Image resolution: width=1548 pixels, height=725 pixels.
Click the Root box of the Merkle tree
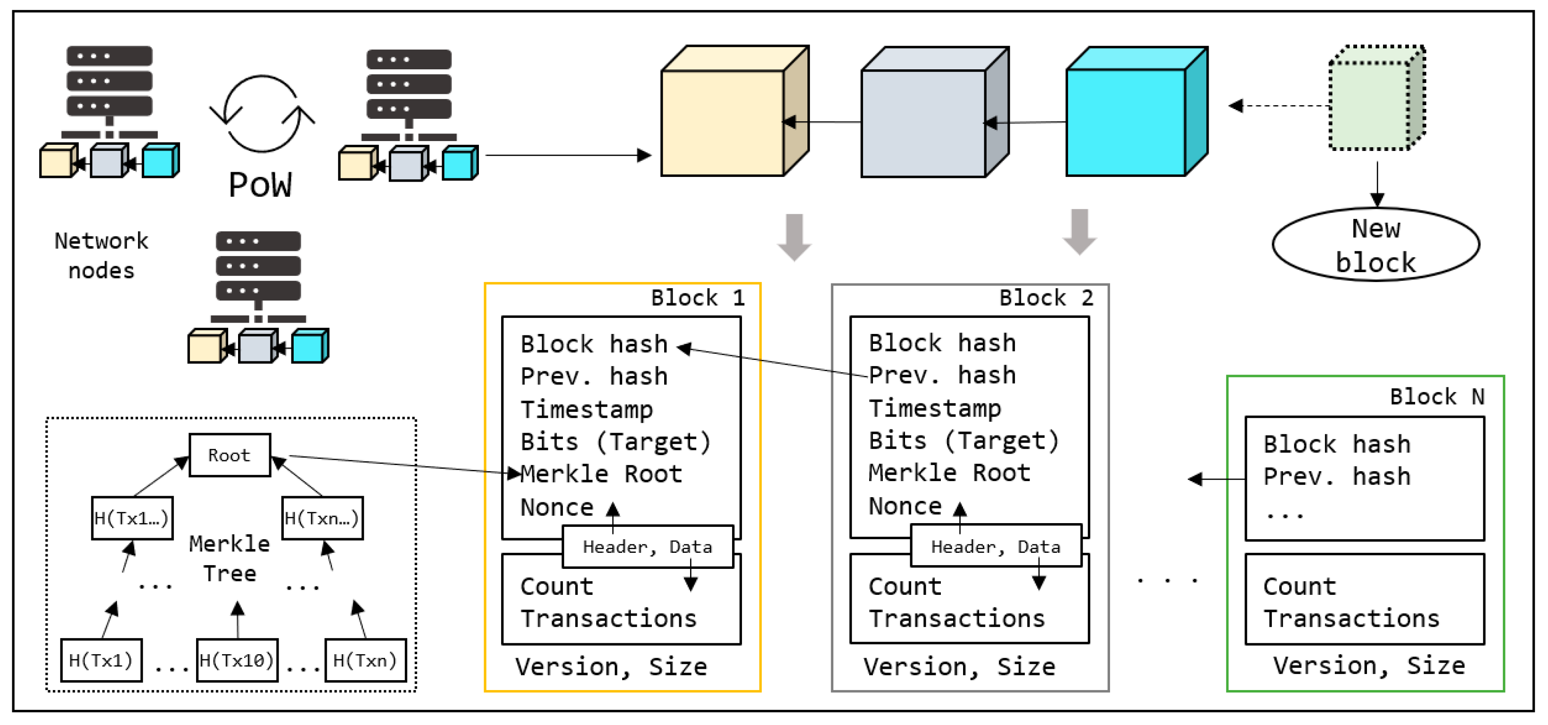tap(230, 455)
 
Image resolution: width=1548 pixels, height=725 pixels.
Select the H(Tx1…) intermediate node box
tap(132, 517)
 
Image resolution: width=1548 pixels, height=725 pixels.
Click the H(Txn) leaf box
tap(365, 660)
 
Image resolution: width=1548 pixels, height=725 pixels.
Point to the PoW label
tap(260, 184)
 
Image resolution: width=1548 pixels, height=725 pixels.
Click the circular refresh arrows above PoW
tap(262, 114)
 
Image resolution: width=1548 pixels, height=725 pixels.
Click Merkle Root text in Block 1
tap(601, 474)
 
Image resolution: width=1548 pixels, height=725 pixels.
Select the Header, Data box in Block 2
tap(995, 546)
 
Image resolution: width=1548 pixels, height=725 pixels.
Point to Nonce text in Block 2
tap(905, 506)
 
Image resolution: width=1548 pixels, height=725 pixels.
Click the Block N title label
tap(1436, 397)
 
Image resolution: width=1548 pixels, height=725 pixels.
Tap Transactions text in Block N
tap(1351, 618)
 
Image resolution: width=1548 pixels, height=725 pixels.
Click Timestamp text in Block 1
tap(586, 409)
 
